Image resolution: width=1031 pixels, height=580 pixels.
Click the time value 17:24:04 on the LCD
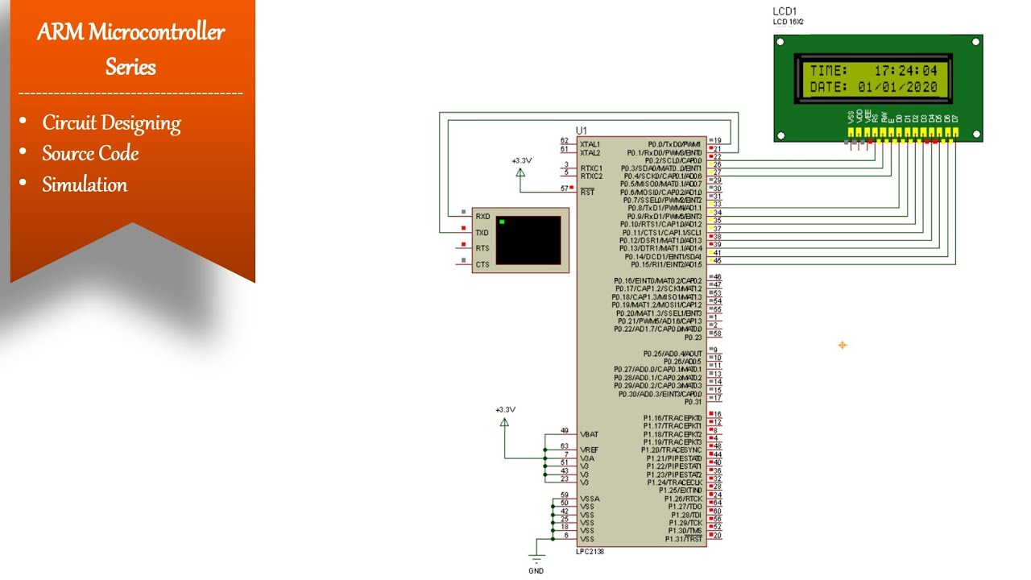coord(905,71)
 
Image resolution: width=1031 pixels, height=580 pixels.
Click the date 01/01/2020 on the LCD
coord(897,87)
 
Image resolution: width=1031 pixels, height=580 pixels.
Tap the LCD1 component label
coord(785,11)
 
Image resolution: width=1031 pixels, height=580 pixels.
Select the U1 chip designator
coord(582,130)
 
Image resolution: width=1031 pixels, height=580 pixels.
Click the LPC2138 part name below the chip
coord(590,552)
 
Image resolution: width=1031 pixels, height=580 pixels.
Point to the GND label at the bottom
coord(536,571)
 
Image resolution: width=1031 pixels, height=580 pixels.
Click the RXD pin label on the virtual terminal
coord(482,217)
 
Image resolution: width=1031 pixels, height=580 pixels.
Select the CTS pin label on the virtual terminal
coord(482,264)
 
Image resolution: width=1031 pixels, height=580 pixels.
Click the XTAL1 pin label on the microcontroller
coord(590,143)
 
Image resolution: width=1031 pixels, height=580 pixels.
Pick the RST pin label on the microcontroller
coord(587,192)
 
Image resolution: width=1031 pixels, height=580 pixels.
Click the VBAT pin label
coord(589,434)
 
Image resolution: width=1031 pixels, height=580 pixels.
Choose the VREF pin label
coord(589,449)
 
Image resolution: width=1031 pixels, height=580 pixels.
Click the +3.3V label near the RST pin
coord(521,161)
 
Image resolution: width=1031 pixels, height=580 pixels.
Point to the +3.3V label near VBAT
coord(505,410)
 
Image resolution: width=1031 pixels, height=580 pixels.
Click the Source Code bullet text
coord(90,154)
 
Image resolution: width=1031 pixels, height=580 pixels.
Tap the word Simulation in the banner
coord(85,184)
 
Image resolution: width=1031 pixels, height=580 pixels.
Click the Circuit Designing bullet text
coord(111,123)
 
